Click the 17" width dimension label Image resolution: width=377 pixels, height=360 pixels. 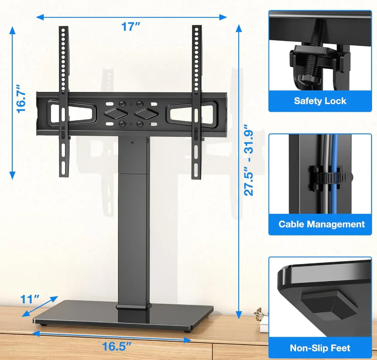click(131, 26)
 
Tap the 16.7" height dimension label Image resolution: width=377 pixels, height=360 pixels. click(21, 98)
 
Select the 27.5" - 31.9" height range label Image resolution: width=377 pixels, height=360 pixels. click(249, 160)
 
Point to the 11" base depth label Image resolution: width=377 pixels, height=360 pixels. click(30, 299)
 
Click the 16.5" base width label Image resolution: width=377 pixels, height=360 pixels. click(117, 346)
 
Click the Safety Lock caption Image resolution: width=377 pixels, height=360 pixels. click(320, 101)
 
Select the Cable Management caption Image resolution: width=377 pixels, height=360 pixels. click(321, 224)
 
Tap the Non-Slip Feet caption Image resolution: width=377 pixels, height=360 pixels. click(320, 348)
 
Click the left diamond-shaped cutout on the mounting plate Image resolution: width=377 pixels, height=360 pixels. click(115, 113)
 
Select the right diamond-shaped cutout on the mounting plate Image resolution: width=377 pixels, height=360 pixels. click(146, 113)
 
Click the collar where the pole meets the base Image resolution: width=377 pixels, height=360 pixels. click(133, 307)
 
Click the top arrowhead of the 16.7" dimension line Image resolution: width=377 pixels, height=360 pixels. click(12, 30)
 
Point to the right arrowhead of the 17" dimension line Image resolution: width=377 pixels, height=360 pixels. click(223, 17)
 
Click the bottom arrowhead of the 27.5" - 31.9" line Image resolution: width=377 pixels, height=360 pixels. click(238, 314)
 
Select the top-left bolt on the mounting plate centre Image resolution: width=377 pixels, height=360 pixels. click(122, 104)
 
